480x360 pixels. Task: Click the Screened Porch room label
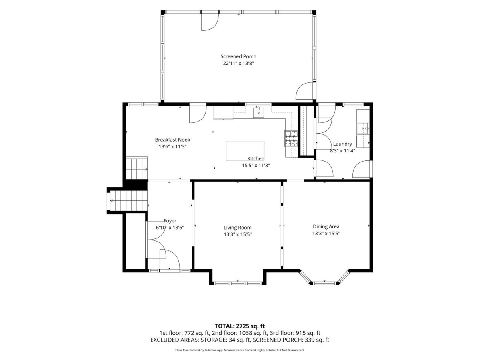point(238,56)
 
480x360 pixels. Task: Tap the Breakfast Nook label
point(172,140)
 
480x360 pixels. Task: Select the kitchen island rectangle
point(245,150)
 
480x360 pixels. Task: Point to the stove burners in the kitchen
point(291,138)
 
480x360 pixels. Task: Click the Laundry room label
point(342,144)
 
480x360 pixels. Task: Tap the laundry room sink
point(363,128)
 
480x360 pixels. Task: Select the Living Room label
point(238,228)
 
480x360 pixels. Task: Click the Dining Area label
point(326,226)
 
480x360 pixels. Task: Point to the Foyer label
point(170,221)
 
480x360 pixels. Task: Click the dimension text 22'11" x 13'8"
point(238,63)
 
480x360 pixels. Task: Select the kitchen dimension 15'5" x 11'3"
point(256,166)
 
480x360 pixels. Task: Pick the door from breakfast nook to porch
point(198,114)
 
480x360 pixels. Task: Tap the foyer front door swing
point(170,260)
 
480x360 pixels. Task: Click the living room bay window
point(238,283)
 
